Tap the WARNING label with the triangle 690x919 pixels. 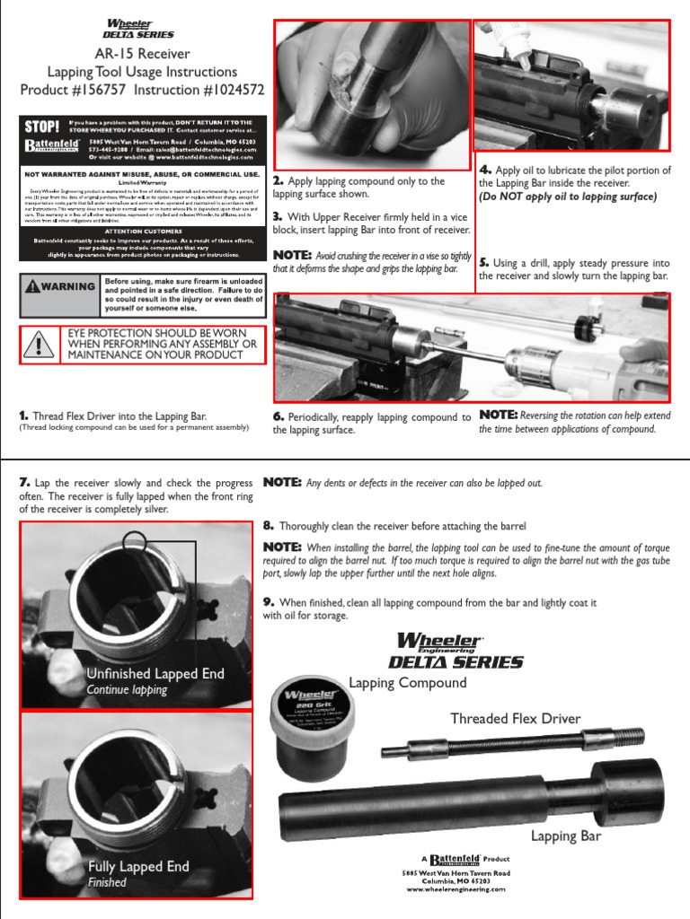click(x=61, y=286)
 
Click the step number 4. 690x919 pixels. click(x=484, y=169)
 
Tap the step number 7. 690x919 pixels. click(x=24, y=483)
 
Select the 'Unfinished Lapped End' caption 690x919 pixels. click(x=155, y=674)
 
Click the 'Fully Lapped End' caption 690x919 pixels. click(x=138, y=866)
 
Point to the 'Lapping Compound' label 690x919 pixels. click(x=408, y=683)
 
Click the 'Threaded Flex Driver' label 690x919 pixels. click(x=515, y=718)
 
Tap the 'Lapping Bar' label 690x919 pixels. click(x=565, y=836)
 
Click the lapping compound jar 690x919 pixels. click(x=314, y=725)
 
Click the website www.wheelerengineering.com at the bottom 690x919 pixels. click(x=456, y=889)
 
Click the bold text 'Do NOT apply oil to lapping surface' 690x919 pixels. click(x=568, y=197)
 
